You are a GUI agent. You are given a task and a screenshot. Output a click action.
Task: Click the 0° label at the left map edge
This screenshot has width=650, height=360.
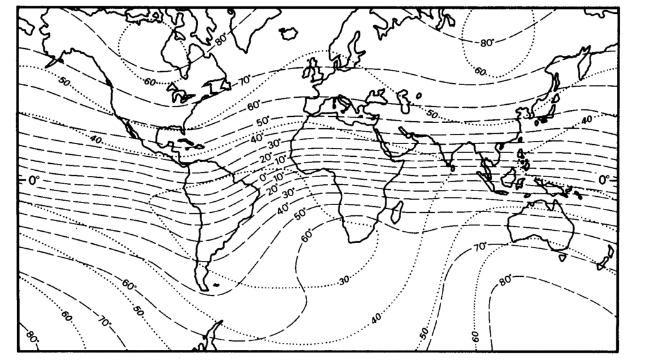point(34,180)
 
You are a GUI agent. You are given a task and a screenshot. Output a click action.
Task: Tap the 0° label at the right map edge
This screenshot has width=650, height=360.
point(604,180)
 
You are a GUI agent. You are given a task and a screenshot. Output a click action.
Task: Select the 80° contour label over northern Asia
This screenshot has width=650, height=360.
point(487,43)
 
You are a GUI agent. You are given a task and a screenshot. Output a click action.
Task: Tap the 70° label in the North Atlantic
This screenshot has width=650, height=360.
point(245,81)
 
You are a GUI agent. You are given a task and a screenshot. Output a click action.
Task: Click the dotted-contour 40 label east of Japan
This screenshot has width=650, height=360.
point(586,120)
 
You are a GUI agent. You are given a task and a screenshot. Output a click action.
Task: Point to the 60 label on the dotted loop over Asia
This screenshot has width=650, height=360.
point(480,72)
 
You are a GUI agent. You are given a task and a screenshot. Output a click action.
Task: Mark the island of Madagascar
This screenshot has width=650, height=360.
point(398,212)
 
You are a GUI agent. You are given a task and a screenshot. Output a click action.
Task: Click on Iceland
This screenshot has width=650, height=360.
point(289,32)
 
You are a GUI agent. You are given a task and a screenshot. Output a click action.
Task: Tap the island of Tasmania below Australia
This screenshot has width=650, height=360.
point(562,258)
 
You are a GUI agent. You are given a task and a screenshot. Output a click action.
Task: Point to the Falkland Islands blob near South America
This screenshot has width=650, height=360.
point(216,284)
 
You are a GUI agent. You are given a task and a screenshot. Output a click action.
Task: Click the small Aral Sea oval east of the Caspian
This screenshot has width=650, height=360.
point(419,96)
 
